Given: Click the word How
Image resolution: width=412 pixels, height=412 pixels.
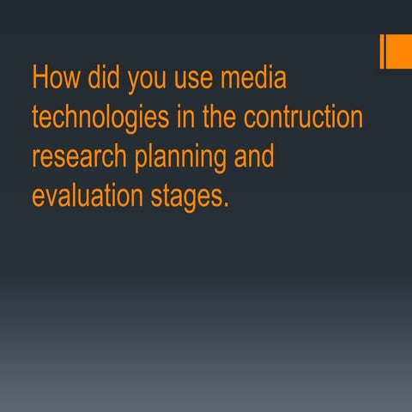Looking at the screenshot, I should pos(56,78).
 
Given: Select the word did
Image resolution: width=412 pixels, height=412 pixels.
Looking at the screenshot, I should pos(106,78).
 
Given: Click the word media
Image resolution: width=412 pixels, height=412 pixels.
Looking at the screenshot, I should pos(253,78).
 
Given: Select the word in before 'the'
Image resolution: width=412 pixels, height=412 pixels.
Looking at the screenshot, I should pos(185,117).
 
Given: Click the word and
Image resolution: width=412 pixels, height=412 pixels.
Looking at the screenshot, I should pos(252,157).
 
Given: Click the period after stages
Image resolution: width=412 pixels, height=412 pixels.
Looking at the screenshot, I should pos(227,205).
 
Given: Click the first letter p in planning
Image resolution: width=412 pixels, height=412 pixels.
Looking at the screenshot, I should pos(141,161).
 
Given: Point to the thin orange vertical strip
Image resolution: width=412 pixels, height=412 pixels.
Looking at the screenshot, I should pos(382,51).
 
